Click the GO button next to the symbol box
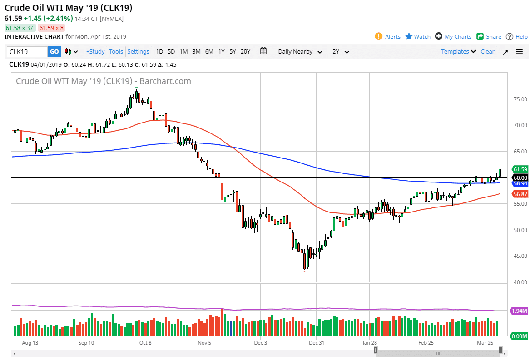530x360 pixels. (54, 52)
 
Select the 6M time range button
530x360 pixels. (209, 52)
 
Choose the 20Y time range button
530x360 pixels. (245, 52)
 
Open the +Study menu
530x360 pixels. (95, 52)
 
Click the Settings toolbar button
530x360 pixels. (138, 52)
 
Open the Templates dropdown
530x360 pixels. (458, 52)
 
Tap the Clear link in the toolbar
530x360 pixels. (487, 52)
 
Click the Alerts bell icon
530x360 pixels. (378, 36)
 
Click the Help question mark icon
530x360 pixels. (510, 36)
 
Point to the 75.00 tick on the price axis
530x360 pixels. (518, 99)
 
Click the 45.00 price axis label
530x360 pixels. (518, 256)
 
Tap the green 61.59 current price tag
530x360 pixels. (520, 169)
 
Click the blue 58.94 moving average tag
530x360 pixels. (520, 183)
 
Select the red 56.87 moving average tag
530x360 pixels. (520, 194)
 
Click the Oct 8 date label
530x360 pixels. (145, 343)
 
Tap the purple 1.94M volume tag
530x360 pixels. (519, 311)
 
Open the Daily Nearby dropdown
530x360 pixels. (300, 52)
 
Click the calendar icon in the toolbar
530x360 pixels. (263, 51)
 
